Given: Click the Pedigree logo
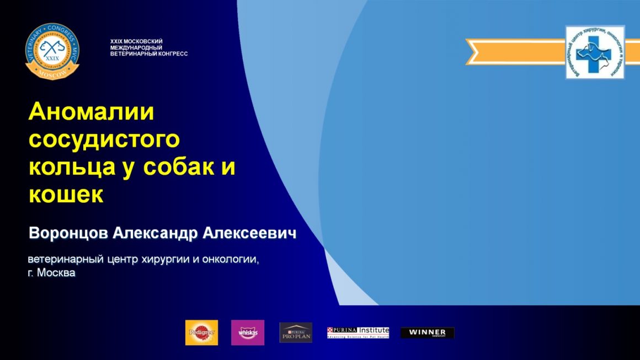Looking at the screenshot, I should [x=201, y=332].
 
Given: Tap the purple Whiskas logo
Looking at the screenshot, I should [x=247, y=332].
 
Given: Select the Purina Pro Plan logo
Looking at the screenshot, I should [x=296, y=332].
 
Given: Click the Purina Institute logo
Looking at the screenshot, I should [x=358, y=332].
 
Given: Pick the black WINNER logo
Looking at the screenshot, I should [x=427, y=332].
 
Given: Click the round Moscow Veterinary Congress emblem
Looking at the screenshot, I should [x=52, y=51].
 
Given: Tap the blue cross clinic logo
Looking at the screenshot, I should [x=595, y=52].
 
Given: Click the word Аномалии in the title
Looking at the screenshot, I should [x=91, y=112].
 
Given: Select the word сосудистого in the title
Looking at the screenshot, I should [x=104, y=139].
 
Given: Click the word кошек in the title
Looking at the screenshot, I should [x=66, y=194].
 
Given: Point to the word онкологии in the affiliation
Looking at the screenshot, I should [x=229, y=259].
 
